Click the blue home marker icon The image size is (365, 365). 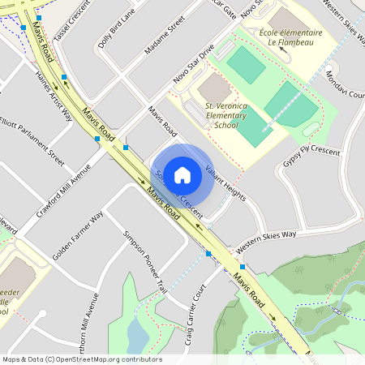(182, 174)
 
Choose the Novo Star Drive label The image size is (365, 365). (194, 64)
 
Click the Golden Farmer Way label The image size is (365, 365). (78, 233)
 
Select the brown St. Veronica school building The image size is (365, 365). (214, 88)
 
